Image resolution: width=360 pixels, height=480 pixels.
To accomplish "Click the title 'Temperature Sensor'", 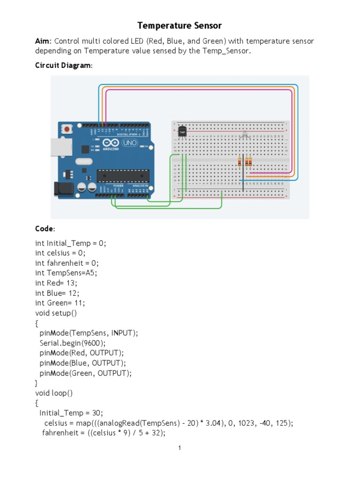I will click(x=180, y=25).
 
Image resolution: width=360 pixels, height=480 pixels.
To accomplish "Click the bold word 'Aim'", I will click(x=42, y=41).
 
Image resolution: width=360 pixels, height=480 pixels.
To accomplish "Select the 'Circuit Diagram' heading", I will click(x=63, y=66).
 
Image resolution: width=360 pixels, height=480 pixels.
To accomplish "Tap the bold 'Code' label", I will click(x=45, y=229).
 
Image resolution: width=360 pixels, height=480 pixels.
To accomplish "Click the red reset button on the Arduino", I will click(x=68, y=128).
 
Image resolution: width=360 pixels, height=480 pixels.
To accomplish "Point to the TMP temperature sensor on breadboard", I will click(x=182, y=132).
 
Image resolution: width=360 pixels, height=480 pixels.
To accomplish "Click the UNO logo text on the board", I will click(x=129, y=142).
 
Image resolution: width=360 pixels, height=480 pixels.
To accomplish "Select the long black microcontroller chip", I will click(x=123, y=176).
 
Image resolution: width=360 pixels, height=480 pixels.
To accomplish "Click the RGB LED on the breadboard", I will click(x=244, y=136).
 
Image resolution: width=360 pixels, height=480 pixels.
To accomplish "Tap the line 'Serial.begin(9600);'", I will click(x=73, y=343).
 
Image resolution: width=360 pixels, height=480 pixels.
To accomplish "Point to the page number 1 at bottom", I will click(x=180, y=448).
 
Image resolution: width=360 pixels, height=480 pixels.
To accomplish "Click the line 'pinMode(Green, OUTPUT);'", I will click(x=85, y=373).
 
